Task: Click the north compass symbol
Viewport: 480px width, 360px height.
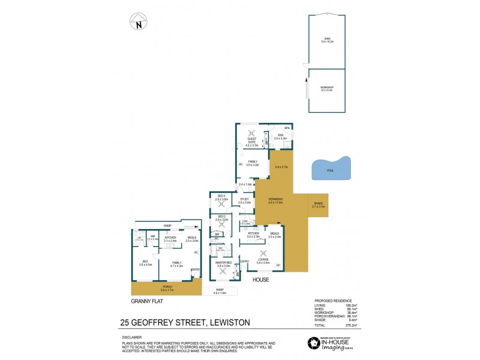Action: click(139, 23)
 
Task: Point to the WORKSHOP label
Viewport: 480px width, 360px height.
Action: click(327, 88)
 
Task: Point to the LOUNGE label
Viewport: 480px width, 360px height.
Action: click(262, 260)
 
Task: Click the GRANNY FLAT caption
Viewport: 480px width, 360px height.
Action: click(143, 302)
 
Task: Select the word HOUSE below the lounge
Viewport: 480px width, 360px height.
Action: click(260, 280)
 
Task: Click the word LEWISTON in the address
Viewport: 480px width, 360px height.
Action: click(229, 322)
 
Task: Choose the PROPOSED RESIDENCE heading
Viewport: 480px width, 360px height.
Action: click(333, 300)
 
